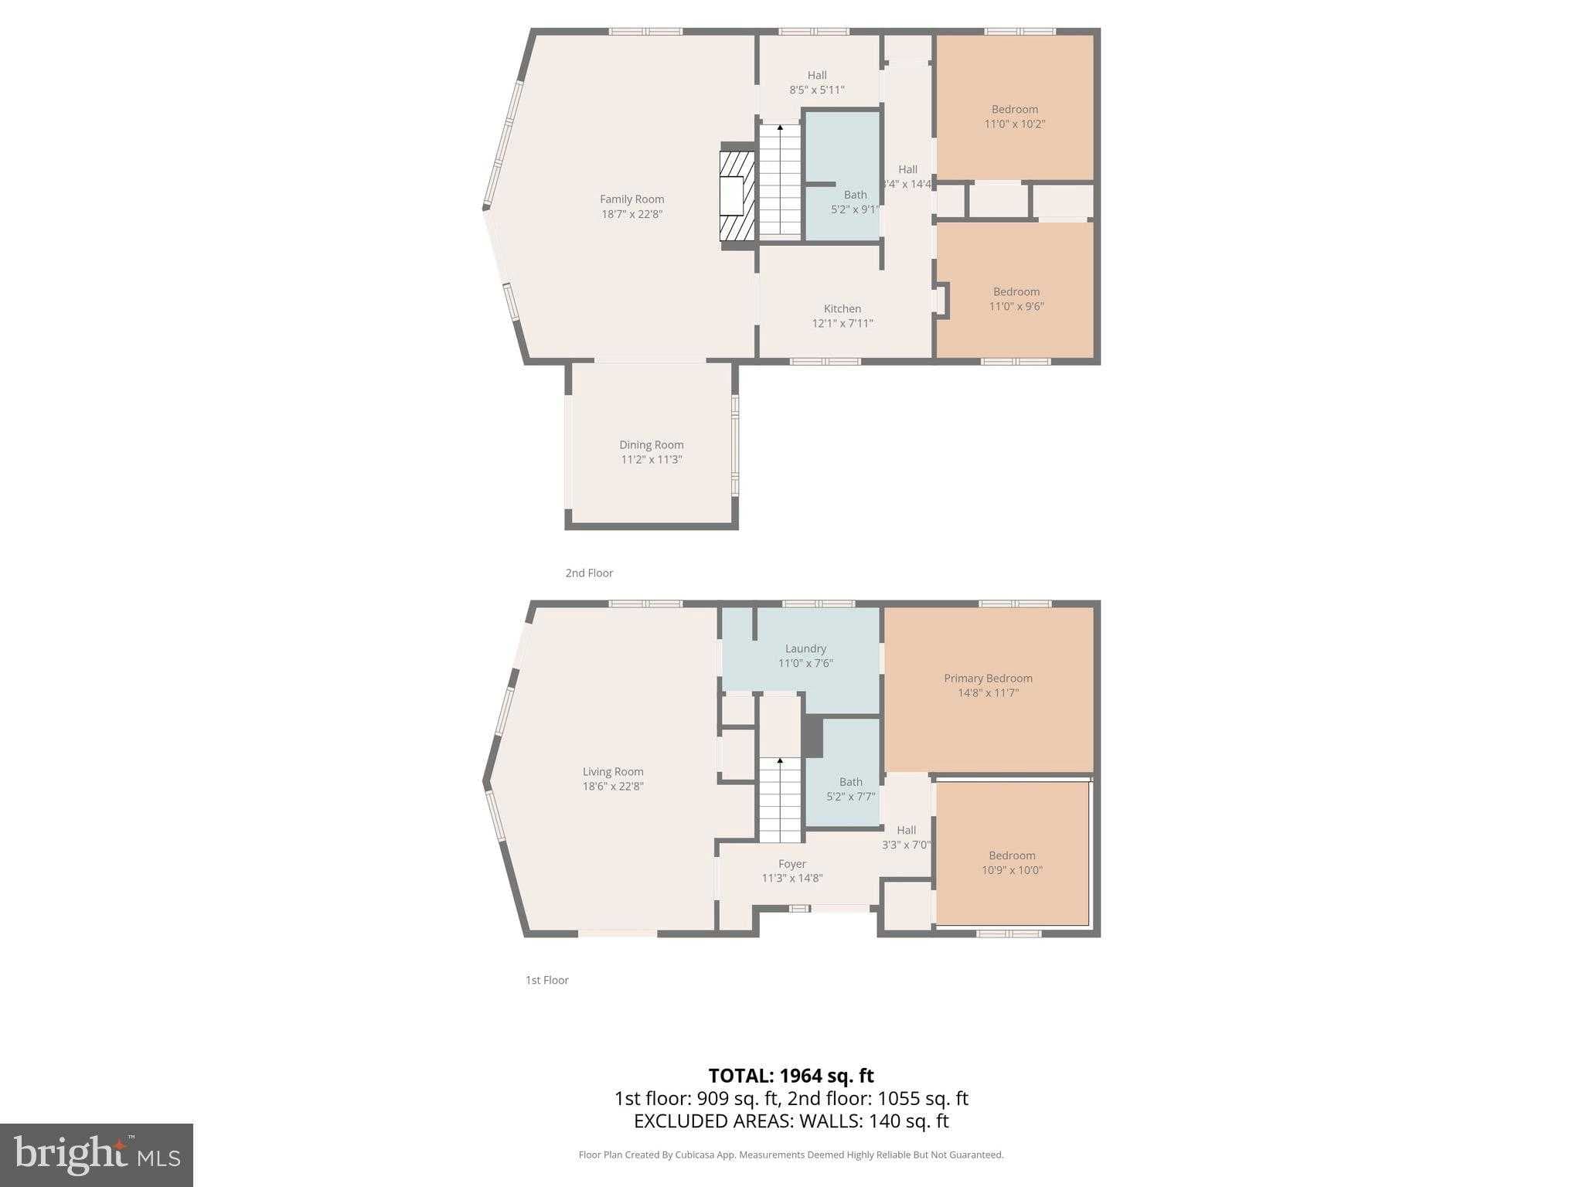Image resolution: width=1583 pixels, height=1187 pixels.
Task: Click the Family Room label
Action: (631, 199)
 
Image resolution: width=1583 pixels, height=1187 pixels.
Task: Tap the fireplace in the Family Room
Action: (737, 196)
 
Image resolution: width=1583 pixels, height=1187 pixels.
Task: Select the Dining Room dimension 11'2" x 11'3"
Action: (651, 460)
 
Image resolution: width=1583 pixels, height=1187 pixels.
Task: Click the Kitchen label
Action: (842, 309)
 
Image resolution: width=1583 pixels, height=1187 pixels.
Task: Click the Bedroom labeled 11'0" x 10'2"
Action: (1014, 117)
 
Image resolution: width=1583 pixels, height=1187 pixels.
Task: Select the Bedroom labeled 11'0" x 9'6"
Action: (1016, 299)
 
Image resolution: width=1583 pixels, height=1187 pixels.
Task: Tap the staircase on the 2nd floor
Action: (779, 181)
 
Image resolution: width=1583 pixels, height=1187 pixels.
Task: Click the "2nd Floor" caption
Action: (589, 573)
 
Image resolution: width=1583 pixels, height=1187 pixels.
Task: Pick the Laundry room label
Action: (805, 649)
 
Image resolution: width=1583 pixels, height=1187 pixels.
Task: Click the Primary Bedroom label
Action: (987, 679)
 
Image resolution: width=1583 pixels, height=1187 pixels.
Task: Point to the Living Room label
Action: (612, 772)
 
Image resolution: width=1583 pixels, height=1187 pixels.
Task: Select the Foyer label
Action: (791, 864)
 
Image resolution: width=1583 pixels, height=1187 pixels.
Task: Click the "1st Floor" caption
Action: (546, 981)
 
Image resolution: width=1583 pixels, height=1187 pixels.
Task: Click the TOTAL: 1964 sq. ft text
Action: (791, 1076)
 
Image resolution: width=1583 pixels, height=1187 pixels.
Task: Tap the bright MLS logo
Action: (97, 1155)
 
